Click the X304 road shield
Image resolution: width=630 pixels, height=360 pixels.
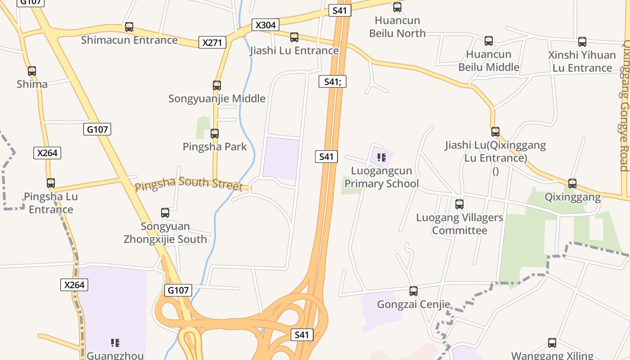265,25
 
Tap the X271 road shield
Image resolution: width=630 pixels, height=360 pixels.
212,43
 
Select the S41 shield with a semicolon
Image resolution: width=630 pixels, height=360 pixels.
333,82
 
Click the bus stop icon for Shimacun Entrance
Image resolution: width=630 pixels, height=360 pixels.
129,27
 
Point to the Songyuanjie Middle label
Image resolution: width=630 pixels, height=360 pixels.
217,99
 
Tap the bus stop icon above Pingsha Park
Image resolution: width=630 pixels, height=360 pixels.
215,134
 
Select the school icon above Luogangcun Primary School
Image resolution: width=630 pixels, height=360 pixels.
382,157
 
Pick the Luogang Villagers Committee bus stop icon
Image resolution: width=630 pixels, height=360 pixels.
459,204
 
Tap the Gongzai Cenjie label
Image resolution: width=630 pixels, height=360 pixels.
414,305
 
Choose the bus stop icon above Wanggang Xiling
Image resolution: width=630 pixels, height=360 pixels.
552,343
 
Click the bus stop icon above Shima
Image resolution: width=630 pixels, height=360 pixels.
32,71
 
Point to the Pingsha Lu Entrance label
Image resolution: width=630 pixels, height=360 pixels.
51,203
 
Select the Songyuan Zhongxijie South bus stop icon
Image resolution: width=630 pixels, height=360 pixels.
165,213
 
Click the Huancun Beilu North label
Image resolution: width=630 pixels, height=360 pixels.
397,27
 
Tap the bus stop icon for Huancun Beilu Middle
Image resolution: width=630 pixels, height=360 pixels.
489,41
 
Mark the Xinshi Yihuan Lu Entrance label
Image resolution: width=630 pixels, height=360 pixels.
582,61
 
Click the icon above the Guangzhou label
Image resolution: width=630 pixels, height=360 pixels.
115,343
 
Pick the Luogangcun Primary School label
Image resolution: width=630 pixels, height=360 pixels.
382,177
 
